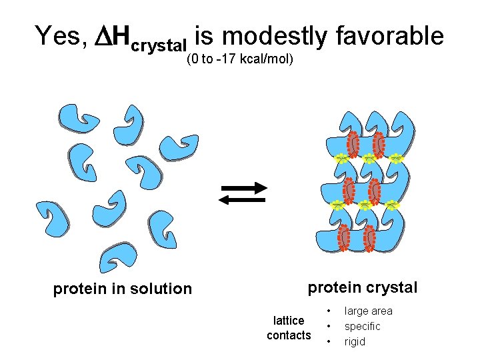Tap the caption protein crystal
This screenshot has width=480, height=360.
click(362, 287)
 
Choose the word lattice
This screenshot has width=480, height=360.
click(289, 321)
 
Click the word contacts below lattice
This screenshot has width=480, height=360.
click(289, 335)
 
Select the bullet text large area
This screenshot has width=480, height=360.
click(368, 311)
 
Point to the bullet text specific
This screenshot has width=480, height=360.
click(362, 326)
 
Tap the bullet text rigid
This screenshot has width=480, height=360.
click(355, 341)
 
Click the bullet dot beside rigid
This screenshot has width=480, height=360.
click(329, 342)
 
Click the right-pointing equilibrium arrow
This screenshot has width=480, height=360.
click(243, 187)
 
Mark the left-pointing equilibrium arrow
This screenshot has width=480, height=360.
click(243, 199)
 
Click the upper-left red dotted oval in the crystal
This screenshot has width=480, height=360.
click(353, 143)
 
